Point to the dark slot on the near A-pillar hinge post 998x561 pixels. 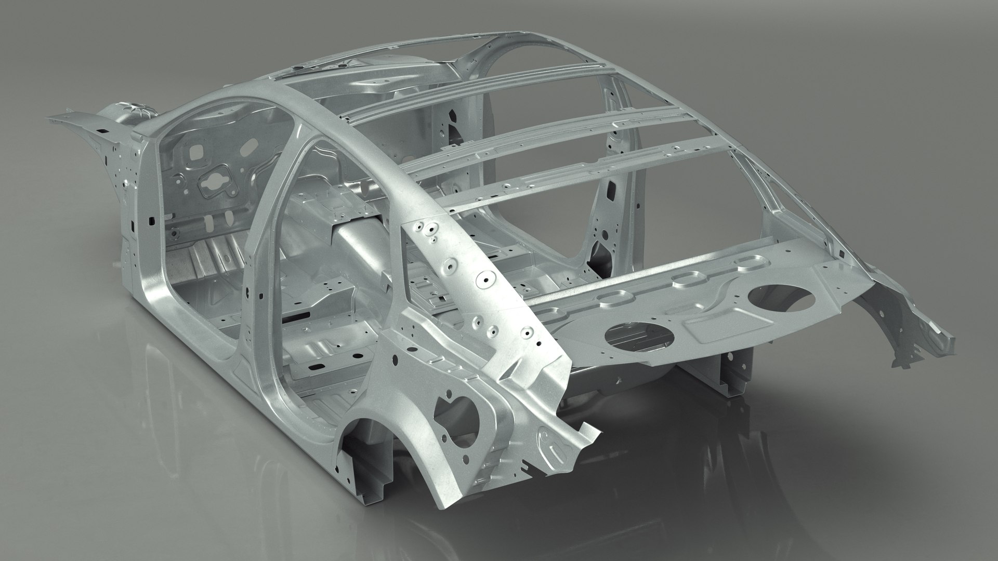151,221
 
